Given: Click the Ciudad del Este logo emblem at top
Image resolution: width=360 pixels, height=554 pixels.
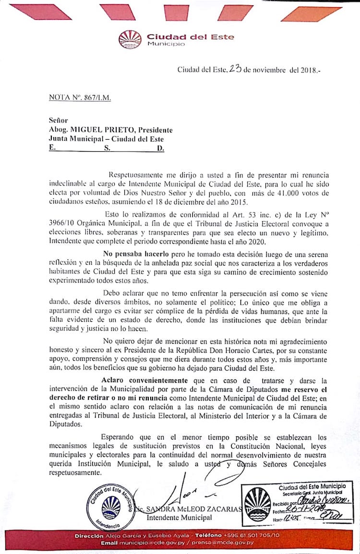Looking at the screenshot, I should pos(130,39).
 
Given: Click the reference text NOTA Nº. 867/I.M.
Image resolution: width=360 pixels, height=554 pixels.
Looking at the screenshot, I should pos(80,97).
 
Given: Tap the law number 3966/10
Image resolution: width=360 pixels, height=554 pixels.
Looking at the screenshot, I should pos(64,223).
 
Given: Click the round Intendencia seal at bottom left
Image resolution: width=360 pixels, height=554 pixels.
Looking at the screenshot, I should pos(111,505).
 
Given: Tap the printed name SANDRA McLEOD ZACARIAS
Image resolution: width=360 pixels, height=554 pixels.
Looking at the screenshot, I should pos(193,509).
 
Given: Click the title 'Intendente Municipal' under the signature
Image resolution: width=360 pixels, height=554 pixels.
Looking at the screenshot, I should pos(179,518).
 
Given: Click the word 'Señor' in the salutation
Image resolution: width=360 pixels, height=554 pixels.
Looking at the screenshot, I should pos(59,120).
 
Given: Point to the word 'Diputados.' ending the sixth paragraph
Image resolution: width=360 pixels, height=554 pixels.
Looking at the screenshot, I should pos(66,424).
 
